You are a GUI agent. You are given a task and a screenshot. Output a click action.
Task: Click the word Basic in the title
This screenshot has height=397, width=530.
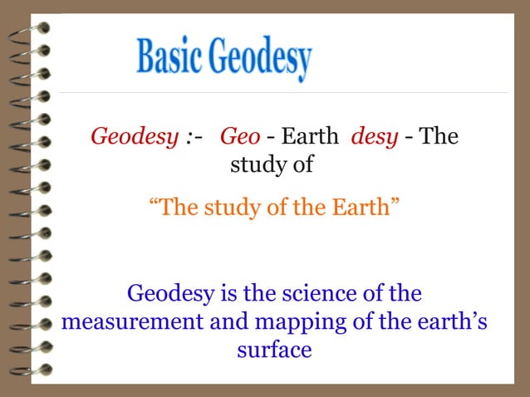point(169,57)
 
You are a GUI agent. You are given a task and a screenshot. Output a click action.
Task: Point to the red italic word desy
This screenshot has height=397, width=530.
point(374,135)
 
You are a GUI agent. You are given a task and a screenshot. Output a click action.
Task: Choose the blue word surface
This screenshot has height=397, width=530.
point(274,350)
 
